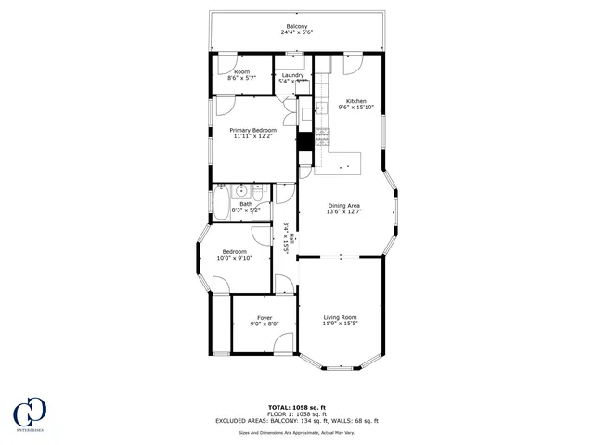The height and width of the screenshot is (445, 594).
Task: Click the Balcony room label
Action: coord(297,26)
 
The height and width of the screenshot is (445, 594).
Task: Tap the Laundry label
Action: coord(293,75)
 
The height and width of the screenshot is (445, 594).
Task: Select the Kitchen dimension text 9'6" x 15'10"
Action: coord(356,108)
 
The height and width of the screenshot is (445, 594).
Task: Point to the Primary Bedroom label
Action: coord(254,130)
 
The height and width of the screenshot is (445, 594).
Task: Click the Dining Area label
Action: coord(343,205)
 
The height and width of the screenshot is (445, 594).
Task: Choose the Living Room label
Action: coord(340,317)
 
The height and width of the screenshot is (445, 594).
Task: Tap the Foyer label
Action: coord(265,318)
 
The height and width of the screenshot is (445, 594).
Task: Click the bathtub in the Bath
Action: coord(222,203)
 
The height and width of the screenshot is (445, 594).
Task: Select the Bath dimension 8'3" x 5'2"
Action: coord(246,210)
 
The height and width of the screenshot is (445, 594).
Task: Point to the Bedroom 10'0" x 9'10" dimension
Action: coord(235,258)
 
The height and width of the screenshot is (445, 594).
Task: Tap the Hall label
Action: coord(292,240)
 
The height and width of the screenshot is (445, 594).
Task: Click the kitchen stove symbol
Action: coord(322,139)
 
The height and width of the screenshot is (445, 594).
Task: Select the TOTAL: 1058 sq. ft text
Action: coord(296,407)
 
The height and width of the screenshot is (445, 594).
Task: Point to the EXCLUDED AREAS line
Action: coord(297,421)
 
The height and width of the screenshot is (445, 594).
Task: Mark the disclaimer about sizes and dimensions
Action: coord(297,432)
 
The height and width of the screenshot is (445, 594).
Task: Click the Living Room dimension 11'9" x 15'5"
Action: coord(340,324)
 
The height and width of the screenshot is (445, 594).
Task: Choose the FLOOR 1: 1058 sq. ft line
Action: coord(297,413)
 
